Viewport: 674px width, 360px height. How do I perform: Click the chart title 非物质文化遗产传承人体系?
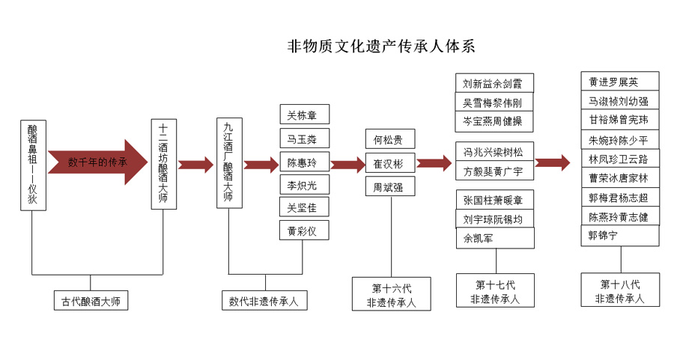tap(381, 46)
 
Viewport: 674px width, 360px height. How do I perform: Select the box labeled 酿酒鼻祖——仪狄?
tap(33, 165)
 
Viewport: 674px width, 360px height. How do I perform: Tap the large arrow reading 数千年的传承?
tap(97, 162)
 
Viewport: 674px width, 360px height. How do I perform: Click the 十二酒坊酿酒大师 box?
tap(164, 164)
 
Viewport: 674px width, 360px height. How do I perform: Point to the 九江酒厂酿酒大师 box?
tap(230, 163)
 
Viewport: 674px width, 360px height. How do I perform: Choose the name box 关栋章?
tap(304, 115)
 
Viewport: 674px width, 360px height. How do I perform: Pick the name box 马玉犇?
tap(304, 138)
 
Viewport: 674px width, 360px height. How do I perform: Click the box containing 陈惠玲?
tap(304, 162)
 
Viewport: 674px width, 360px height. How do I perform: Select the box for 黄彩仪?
tap(304, 230)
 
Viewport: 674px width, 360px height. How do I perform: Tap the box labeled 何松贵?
tap(390, 138)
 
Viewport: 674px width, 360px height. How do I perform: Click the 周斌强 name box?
tap(390, 186)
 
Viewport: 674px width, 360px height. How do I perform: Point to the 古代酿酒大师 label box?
tap(91, 300)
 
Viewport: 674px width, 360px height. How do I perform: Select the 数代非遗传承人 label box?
tap(265, 300)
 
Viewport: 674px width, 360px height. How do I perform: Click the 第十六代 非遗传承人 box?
tap(392, 294)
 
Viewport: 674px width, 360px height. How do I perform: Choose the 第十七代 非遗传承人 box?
tap(495, 290)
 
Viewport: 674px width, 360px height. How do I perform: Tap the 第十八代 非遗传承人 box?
tap(620, 290)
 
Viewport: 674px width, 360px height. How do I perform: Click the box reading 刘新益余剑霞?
tap(494, 83)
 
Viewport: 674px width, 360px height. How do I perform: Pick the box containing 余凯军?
tap(495, 237)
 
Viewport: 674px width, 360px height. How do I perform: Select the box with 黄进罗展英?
tap(620, 81)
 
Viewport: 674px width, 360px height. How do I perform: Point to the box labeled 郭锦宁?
tap(620, 235)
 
